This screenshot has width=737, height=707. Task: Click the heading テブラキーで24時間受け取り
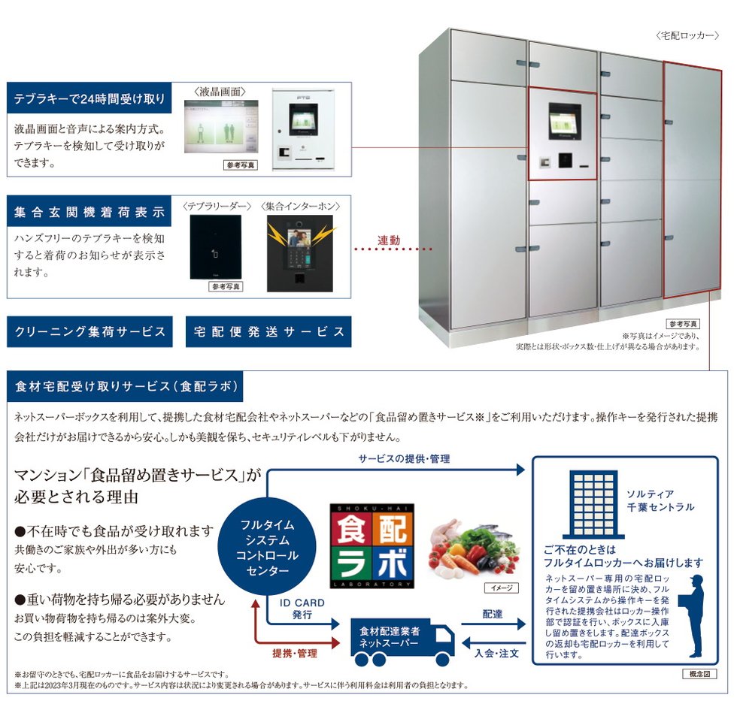(x=89, y=98)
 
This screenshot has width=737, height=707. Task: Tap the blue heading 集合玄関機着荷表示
(x=89, y=212)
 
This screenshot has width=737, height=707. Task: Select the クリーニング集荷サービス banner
(x=89, y=331)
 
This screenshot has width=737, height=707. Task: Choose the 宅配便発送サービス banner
(x=268, y=331)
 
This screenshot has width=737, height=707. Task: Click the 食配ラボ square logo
(x=372, y=546)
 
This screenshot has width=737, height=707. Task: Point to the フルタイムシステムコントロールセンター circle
(x=267, y=547)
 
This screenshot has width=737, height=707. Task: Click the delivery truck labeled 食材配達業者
(x=402, y=642)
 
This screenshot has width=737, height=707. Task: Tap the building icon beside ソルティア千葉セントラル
(x=593, y=504)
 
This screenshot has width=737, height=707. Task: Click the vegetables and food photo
(x=475, y=549)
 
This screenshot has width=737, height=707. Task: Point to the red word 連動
(x=389, y=240)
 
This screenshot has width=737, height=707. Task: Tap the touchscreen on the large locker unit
(x=565, y=122)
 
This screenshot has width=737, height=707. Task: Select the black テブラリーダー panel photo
(x=215, y=247)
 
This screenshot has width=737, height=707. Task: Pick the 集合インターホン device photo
(x=300, y=253)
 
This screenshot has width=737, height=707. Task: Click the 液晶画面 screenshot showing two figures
(x=221, y=126)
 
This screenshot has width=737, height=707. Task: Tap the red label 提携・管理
(x=295, y=653)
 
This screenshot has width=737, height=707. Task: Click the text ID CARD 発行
(x=302, y=609)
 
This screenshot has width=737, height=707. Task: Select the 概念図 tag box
(x=699, y=674)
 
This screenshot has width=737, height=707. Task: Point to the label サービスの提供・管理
(x=405, y=458)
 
